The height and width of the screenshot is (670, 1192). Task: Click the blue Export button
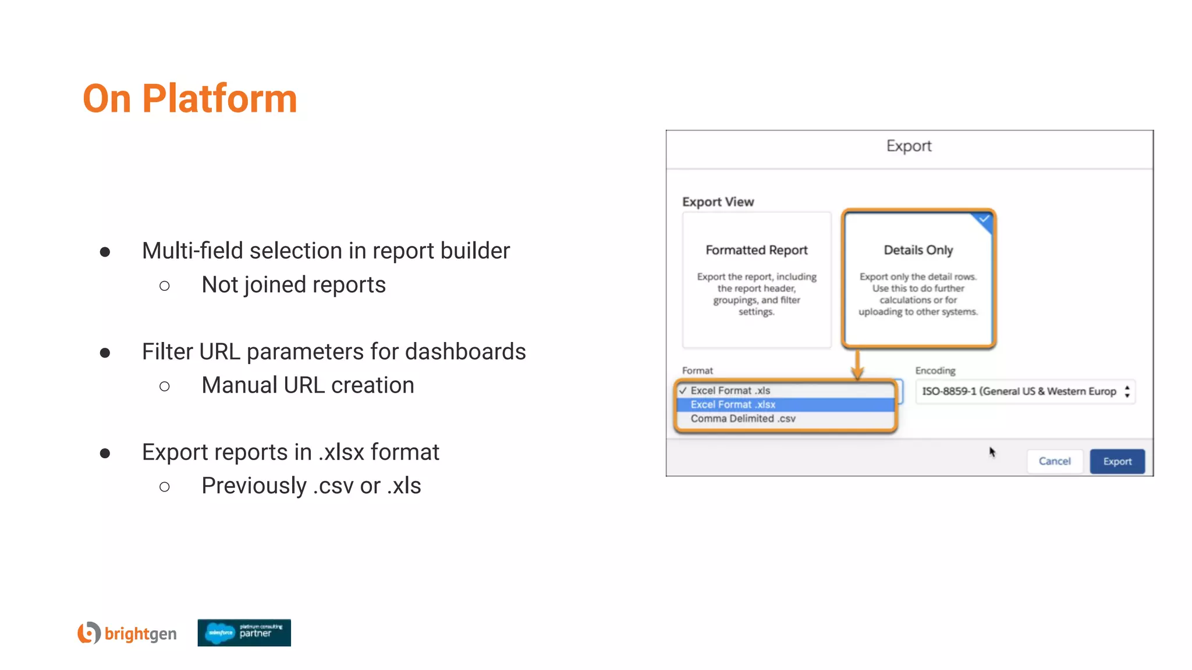1117,461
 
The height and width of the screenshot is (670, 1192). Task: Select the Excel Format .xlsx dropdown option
733,404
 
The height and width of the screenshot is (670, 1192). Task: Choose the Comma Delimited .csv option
743,418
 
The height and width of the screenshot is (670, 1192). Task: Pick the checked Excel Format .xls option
730,390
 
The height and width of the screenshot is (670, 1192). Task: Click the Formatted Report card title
757,250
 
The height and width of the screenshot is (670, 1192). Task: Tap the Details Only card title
918,250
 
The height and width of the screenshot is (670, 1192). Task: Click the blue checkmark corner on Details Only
984,219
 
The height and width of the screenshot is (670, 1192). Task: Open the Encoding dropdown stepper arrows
1127,391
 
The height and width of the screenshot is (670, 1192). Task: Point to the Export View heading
718,202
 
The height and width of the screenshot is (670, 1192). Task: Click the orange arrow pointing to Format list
857,367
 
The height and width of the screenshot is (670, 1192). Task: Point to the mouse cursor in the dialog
992,452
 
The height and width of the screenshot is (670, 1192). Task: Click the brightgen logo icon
89,633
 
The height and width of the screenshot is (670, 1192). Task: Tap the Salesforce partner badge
244,633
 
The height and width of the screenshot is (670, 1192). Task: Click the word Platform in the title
219,98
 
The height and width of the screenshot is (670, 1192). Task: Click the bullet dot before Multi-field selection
105,252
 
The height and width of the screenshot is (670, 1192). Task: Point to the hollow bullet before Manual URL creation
165,386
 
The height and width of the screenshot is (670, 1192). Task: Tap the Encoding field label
935,370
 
